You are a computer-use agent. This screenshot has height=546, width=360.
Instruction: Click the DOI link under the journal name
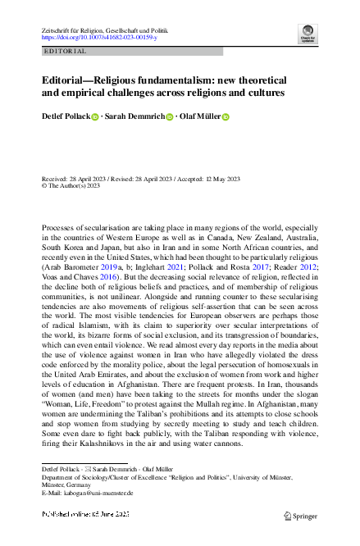tap(98, 38)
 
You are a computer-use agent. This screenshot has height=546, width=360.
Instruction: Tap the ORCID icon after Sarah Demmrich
tap(170, 117)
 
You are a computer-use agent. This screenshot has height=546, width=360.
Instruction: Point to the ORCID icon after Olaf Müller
tap(226, 117)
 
